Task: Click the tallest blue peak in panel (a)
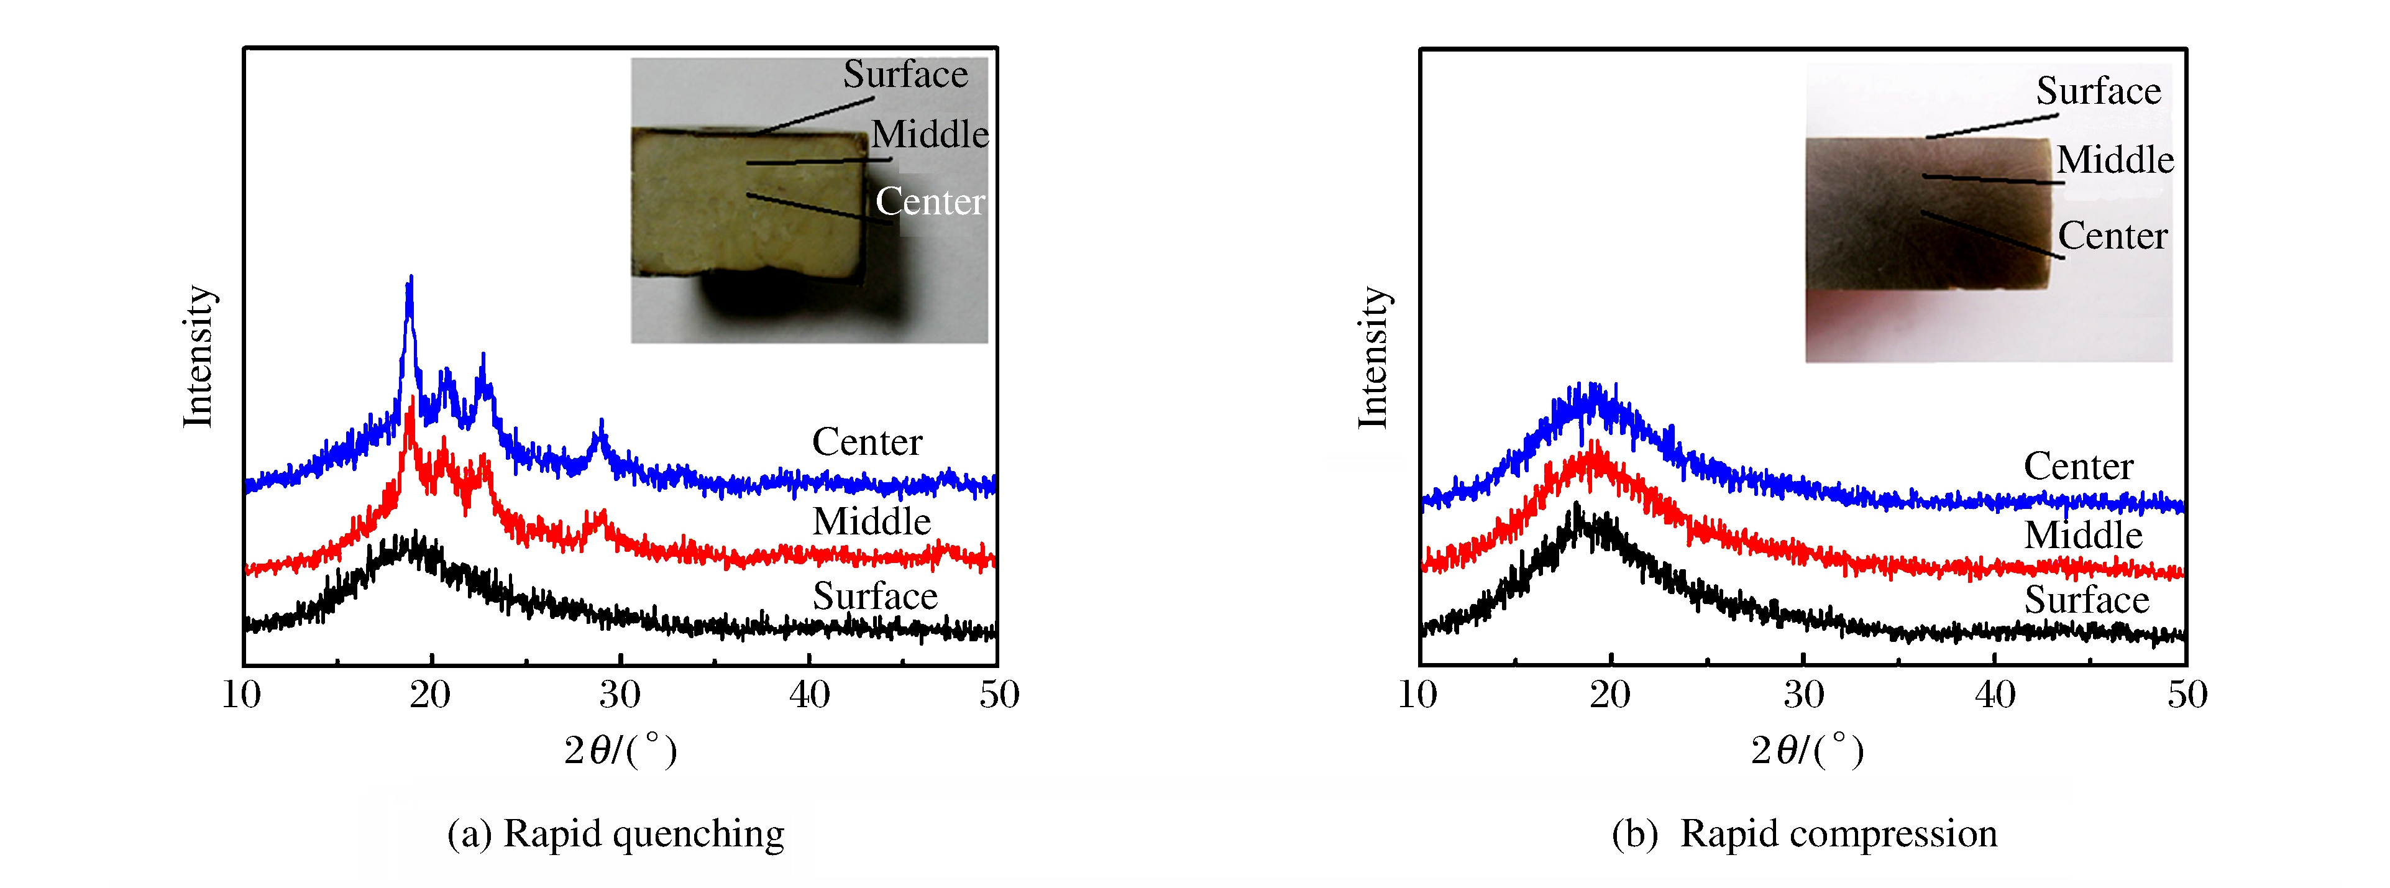click(410, 279)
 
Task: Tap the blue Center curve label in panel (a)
click(866, 442)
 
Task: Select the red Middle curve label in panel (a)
click(871, 521)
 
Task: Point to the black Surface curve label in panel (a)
click(875, 597)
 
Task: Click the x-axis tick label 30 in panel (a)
click(620, 695)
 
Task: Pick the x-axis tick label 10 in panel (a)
click(241, 695)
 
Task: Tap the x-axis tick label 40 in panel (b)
click(1995, 695)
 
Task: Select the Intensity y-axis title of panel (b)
click(1374, 358)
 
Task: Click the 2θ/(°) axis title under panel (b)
click(1806, 750)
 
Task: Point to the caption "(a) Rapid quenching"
click(615, 833)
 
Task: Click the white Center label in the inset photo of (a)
click(930, 201)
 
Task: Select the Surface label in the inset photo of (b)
click(2098, 91)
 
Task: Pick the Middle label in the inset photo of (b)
click(2115, 160)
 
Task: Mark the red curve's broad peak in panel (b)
click(1594, 447)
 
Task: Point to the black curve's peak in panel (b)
click(1575, 508)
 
